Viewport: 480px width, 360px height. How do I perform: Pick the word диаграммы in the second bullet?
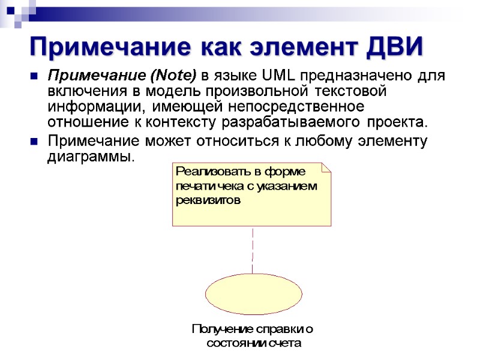[88, 157]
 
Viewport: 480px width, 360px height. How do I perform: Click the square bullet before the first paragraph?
[34, 77]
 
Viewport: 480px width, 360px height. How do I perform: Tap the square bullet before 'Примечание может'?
[34, 142]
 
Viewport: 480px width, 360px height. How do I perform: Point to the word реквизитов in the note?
[208, 200]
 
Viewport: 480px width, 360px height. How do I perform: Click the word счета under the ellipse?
[286, 343]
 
